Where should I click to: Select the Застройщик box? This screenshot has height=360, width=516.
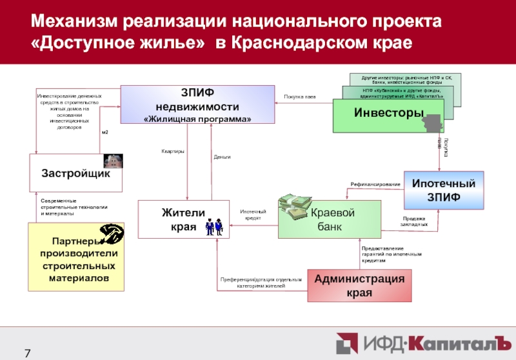coord(76,174)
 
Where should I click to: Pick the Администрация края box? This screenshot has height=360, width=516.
coord(359,285)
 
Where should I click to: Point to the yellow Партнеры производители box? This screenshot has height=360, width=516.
coord(76,256)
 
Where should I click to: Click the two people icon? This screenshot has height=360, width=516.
coord(214,226)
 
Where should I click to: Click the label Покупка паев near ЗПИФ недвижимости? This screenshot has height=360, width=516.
coord(300,97)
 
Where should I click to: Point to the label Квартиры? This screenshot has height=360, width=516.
coord(173,152)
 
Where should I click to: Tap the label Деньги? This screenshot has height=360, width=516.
coord(222,157)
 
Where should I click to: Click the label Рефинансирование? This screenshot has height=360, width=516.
coord(375,185)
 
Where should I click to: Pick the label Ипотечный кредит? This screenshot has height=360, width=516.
coord(253,214)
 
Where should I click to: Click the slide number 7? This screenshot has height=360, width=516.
coord(28,352)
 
